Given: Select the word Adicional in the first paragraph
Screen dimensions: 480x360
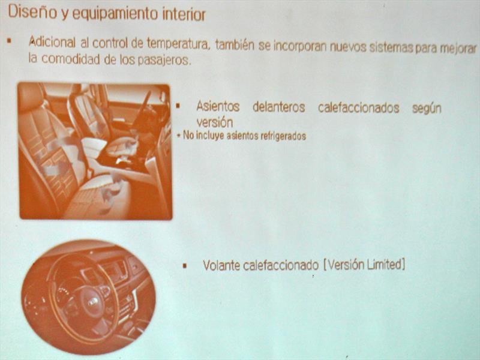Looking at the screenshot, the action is pyautogui.click(x=52, y=42).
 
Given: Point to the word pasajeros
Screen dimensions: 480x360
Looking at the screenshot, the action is pyautogui.click(x=164, y=60).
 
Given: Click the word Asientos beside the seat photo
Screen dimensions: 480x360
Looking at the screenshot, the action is pyautogui.click(x=218, y=106).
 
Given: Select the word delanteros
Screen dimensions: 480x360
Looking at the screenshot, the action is pyautogui.click(x=278, y=107).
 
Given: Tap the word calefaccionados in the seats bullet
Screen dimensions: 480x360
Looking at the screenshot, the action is pyautogui.click(x=358, y=108).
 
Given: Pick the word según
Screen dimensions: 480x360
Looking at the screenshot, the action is pyautogui.click(x=427, y=109).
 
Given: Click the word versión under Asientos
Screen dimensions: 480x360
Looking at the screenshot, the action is pyautogui.click(x=215, y=122).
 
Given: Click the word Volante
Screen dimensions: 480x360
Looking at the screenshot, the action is pyautogui.click(x=221, y=265).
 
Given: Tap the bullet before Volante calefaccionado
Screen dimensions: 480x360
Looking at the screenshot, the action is pyautogui.click(x=185, y=265).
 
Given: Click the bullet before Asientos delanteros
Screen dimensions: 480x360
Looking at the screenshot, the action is pyautogui.click(x=178, y=106).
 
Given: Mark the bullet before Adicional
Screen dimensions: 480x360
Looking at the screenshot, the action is pyautogui.click(x=9, y=40).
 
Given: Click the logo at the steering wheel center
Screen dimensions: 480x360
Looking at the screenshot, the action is pyautogui.click(x=93, y=302).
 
